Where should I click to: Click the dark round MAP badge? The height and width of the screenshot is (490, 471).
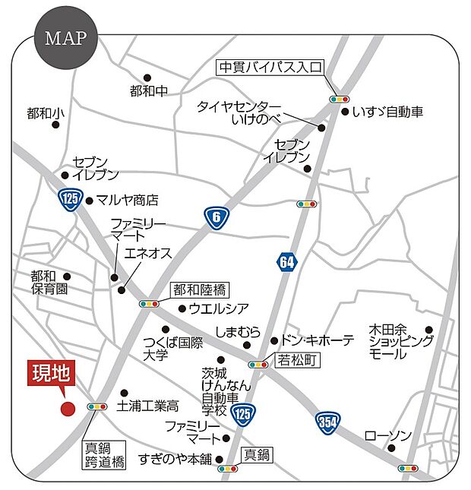pos(65,38)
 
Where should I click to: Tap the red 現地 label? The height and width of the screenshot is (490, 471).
pos(50,374)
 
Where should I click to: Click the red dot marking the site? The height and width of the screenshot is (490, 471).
pos(68,408)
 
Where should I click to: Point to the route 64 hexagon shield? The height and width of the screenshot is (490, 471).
pos(286,263)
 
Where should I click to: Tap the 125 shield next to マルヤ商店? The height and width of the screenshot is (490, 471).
pos(71,201)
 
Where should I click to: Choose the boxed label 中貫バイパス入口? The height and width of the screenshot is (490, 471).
pos(270,66)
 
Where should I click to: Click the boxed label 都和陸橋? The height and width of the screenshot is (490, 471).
pos(199,289)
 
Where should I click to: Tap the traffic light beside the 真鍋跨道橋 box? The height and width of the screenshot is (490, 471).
pos(98,407)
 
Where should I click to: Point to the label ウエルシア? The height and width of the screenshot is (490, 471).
pos(219,308)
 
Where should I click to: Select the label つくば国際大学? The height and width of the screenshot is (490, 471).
pos(173,349)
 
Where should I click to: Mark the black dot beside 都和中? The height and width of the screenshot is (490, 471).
pos(147,77)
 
